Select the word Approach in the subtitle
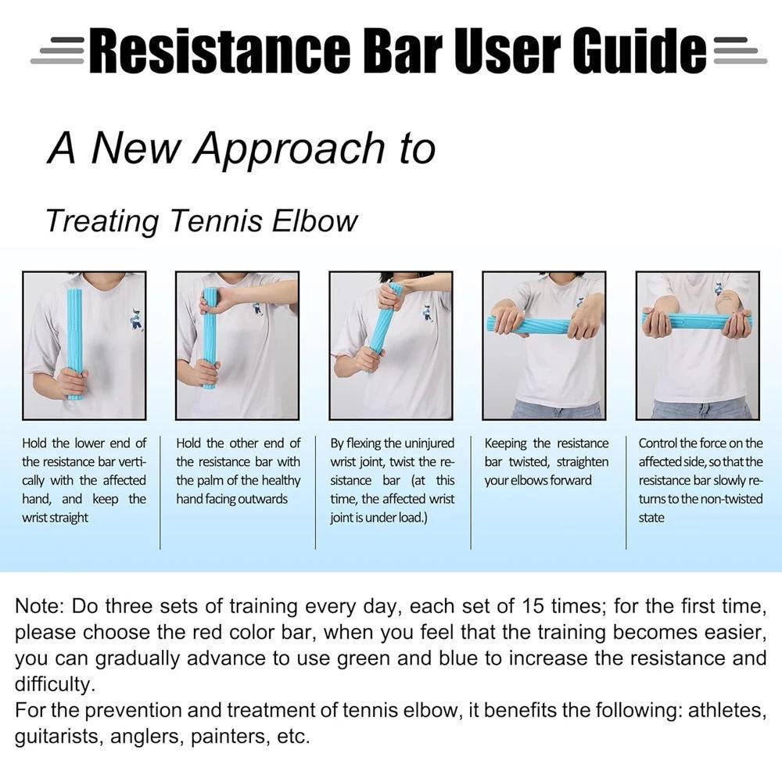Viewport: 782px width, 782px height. (291, 148)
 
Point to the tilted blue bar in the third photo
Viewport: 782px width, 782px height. (383, 328)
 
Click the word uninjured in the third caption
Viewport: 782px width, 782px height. (429, 443)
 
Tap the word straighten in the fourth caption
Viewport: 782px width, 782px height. (582, 462)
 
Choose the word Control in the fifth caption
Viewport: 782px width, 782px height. (657, 443)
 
